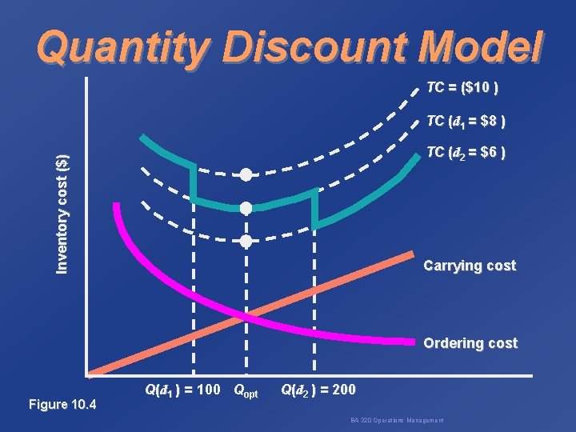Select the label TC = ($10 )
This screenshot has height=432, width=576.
point(463,86)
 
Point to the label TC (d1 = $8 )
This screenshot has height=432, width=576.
point(465,122)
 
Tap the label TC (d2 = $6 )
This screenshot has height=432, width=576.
point(465,152)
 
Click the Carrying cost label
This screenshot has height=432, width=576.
point(470,266)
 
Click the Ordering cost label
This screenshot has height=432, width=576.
point(470,343)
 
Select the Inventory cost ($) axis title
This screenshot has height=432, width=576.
point(62,213)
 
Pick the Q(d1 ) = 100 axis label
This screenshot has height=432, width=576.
point(182,391)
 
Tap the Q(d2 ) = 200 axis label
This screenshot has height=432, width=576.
point(318,391)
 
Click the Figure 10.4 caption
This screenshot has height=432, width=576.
point(62,404)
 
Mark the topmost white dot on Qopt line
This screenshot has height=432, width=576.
point(246,175)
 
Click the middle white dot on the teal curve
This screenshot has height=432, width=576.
point(246,208)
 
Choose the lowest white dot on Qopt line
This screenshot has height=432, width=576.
point(246,241)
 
